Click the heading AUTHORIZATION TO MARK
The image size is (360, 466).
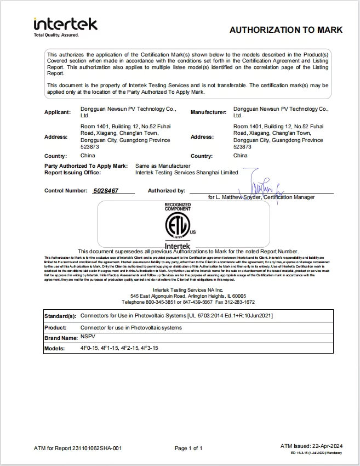285,30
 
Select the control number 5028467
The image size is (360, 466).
106,191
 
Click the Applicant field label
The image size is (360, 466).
58,112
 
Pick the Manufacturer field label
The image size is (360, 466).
208,112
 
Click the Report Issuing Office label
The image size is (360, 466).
72,173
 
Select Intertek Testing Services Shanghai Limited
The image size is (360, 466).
186,173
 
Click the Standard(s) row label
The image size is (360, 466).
60,316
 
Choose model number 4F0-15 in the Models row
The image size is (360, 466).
89,348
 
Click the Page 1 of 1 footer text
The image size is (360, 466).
188,448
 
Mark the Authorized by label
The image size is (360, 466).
167,191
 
